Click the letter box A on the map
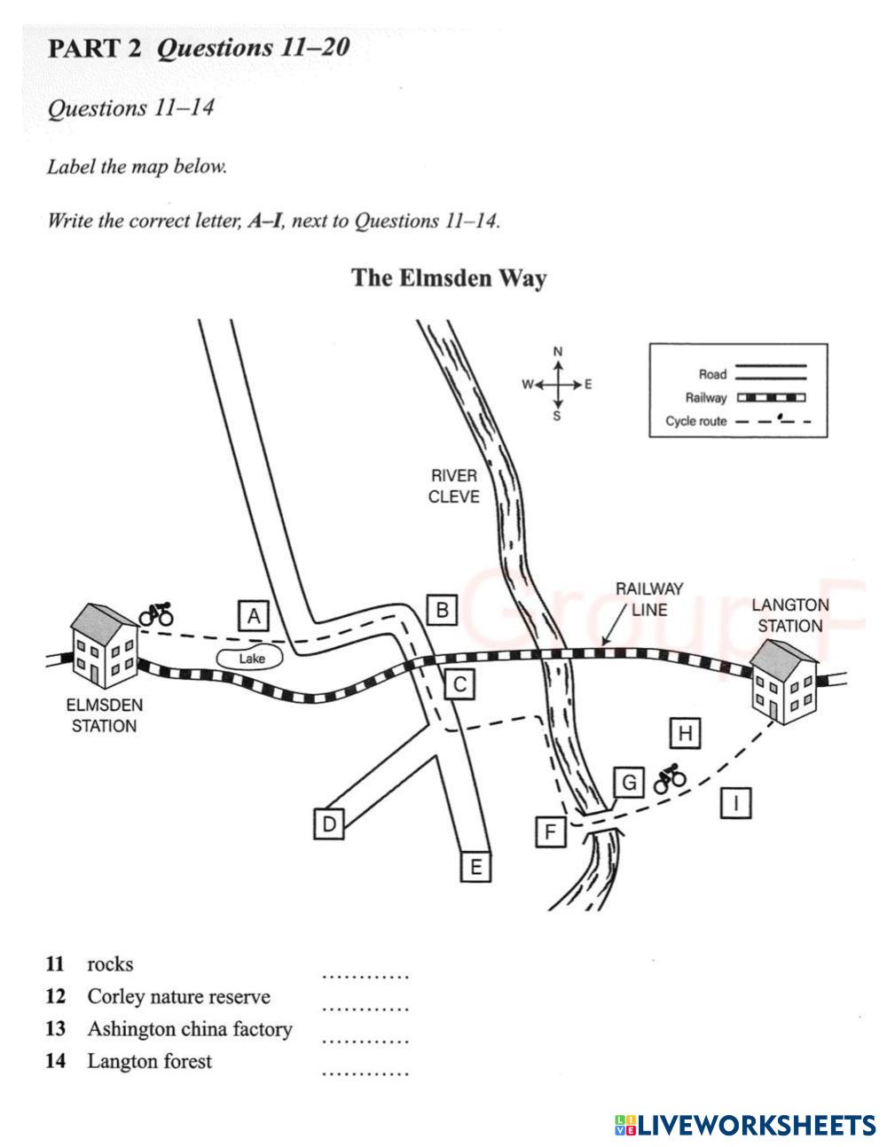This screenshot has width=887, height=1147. click(254, 616)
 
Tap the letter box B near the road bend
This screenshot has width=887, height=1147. click(442, 610)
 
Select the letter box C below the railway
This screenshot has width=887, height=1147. click(459, 684)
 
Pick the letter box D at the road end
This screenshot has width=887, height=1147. click(329, 823)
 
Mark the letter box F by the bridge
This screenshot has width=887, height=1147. click(551, 831)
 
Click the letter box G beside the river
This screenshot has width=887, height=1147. click(629, 783)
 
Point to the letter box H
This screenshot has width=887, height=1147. click(685, 733)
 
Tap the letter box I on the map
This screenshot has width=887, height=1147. click(736, 803)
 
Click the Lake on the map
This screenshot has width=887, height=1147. click(250, 659)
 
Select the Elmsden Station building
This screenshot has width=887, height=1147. click(104, 646)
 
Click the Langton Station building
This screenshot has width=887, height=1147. click(783, 682)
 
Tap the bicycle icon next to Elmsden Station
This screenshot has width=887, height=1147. click(156, 614)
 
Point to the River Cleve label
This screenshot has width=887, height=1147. click(453, 486)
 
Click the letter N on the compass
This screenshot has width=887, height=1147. click(558, 352)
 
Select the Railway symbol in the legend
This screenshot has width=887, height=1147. click(772, 397)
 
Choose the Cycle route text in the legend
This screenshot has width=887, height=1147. click(696, 421)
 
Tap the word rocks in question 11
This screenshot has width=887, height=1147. click(110, 964)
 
